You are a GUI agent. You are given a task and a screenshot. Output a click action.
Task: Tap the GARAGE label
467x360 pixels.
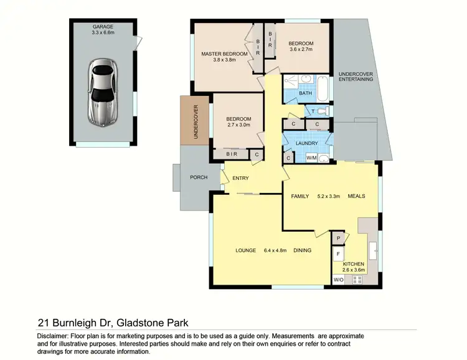coord(103,27)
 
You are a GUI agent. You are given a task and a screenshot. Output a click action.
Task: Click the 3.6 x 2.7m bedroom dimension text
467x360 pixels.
coord(301,52)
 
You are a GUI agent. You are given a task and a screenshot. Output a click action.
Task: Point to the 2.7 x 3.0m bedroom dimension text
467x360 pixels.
coord(238,125)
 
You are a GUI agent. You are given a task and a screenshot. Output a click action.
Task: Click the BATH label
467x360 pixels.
coord(305,93)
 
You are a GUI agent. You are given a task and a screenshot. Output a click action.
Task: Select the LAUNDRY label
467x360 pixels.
coord(307,143)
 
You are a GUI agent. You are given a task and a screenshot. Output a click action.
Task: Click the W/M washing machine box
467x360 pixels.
coord(311,158)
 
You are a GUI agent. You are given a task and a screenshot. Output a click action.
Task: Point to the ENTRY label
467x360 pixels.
coord(240,179)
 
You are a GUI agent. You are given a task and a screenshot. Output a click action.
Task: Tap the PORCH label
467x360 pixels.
coord(199,178)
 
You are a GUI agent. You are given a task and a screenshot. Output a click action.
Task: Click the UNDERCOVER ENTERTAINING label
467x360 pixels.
coord(356,77)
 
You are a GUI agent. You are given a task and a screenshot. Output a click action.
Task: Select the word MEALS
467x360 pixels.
coord(356,196)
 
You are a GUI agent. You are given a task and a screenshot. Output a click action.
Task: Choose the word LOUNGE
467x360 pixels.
coord(246,250)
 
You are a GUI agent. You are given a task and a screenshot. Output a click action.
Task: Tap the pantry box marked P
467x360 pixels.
coord(338,238)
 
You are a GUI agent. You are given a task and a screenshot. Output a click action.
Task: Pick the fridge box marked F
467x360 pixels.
coord(338,254)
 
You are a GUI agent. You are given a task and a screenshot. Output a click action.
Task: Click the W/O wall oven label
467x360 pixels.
coord(338,280)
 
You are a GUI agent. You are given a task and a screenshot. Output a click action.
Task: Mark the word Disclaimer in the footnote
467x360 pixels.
coord(45,336)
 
